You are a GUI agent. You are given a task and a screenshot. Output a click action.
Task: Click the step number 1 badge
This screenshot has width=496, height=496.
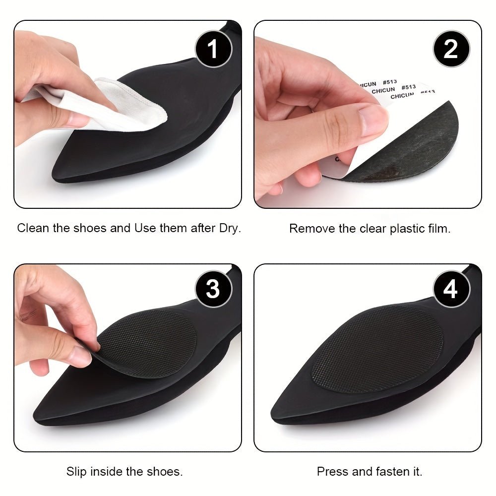(x=212, y=49)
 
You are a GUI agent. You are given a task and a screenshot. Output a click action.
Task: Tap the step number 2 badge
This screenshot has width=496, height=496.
(x=450, y=49)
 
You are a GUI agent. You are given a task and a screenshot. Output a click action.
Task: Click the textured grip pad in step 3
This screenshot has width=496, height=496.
(x=149, y=342)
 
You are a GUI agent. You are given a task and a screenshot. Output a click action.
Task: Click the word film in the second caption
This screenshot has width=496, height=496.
(x=438, y=229)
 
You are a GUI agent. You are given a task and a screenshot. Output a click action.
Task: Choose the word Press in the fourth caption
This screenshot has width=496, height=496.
(x=331, y=471)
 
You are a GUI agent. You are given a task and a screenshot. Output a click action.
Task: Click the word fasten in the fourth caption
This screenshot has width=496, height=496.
(x=391, y=471)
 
